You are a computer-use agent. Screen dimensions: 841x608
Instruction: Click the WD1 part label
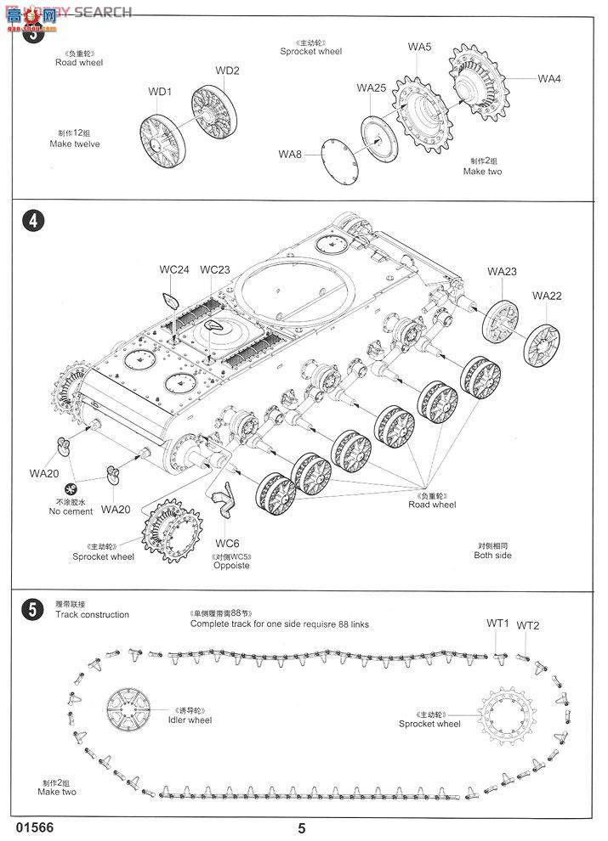[x=160, y=92]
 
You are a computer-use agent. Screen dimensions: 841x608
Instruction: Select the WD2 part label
[x=227, y=71]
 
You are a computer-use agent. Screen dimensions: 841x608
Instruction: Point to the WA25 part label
[x=372, y=87]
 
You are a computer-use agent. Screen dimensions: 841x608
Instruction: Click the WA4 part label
[x=549, y=79]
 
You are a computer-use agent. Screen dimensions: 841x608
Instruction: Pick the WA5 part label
[x=419, y=48]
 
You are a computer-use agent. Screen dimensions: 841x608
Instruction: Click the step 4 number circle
[x=32, y=221]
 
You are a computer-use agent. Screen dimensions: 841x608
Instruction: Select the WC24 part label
[x=174, y=270]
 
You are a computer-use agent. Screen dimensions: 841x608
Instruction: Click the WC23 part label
[x=215, y=270]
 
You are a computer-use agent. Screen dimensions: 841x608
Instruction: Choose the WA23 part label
[x=502, y=272]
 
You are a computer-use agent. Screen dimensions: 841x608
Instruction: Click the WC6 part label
[x=227, y=543]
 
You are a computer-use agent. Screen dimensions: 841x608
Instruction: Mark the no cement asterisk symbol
[x=71, y=488]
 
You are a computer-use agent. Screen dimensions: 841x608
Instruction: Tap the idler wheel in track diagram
[x=129, y=709]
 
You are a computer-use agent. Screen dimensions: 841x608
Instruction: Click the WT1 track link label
[x=497, y=624]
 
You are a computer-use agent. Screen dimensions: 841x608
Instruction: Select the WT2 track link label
[x=528, y=625]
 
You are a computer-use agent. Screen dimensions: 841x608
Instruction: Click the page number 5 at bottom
[x=302, y=829]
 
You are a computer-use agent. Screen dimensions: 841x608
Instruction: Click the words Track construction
[x=93, y=614]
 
